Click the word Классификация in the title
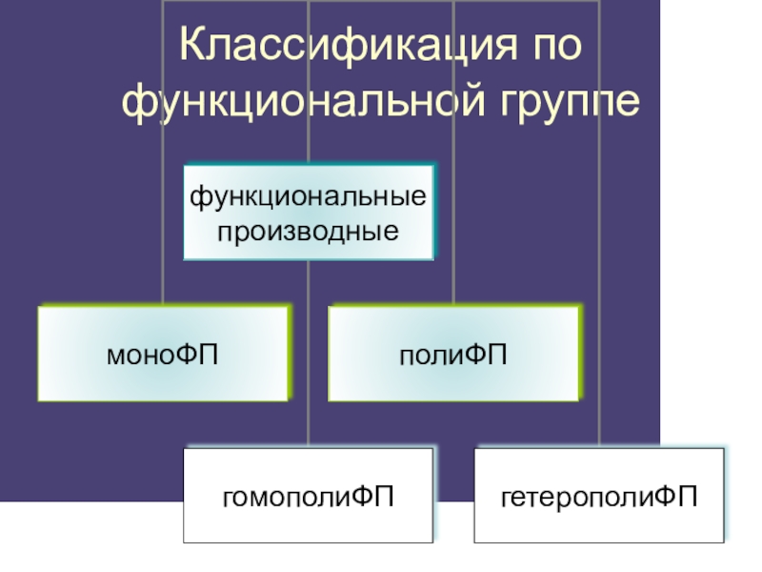[x=335, y=48]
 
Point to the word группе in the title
[x=554, y=102]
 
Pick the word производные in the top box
[x=308, y=230]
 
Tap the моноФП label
[x=162, y=356]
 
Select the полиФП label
[x=452, y=356]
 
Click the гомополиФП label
[x=309, y=496]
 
